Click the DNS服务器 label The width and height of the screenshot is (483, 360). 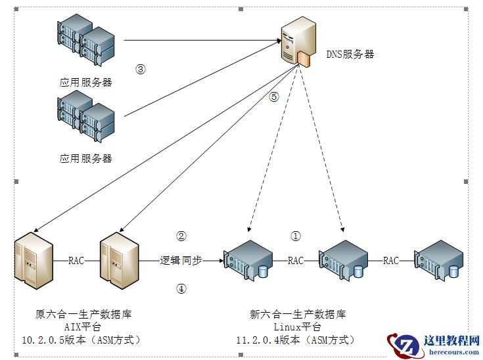point(350,55)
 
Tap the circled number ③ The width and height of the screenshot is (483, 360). point(140,68)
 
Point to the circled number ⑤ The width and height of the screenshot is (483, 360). point(274,97)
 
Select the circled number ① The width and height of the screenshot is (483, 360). point(295,235)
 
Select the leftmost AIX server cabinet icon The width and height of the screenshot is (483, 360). point(32,260)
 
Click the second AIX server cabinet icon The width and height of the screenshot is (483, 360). point(119,260)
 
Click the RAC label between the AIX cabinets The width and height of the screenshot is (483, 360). point(76,260)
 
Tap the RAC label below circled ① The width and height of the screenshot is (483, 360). point(296,261)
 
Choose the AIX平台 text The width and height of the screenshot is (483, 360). point(81,326)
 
